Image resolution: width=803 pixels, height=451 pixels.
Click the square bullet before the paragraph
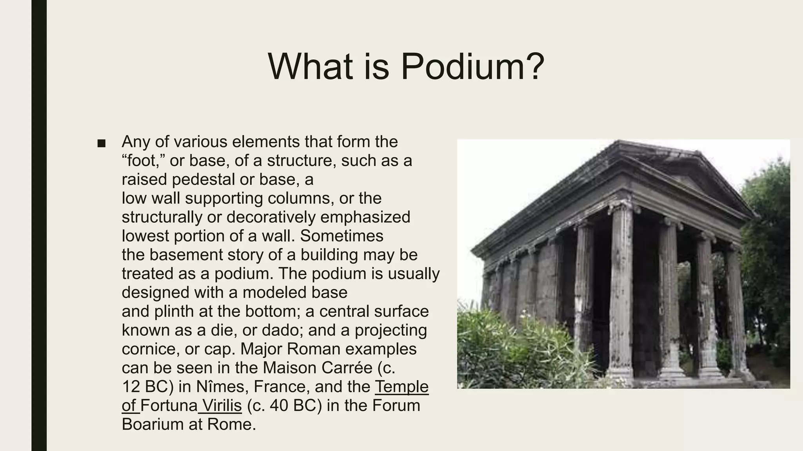pyautogui.click(x=102, y=143)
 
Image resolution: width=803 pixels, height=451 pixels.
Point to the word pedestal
pyautogui.click(x=203, y=179)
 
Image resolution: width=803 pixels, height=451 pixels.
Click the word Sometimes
pyautogui.click(x=342, y=236)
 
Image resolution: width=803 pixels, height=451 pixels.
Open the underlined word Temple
pyautogui.click(x=401, y=386)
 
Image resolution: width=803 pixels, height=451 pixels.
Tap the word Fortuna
pyautogui.click(x=169, y=405)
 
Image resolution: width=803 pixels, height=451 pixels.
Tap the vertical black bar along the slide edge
pyautogui.click(x=39, y=225)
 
